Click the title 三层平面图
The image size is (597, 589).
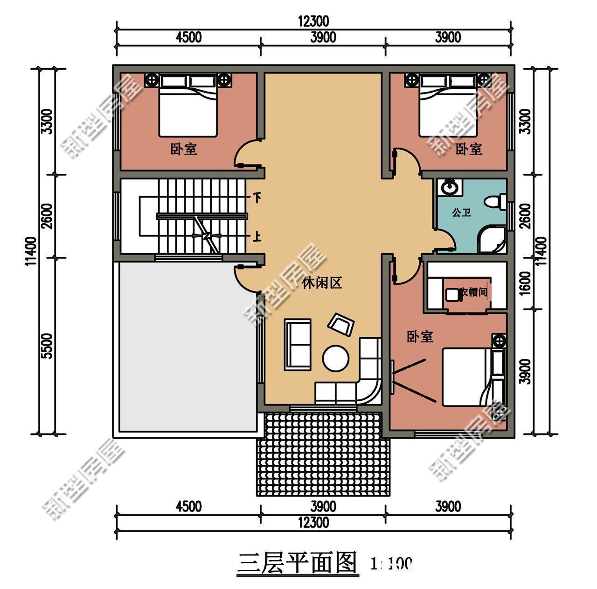tap(297, 562)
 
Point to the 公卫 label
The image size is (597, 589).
tap(461, 213)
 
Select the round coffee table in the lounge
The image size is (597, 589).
tap(335, 358)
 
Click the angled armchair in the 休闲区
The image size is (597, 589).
tap(342, 324)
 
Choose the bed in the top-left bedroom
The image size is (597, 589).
tap(188, 107)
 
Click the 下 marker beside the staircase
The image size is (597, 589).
tap(257, 198)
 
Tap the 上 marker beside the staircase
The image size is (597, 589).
tap(257, 237)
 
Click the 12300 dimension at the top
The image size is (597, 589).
tap(313, 21)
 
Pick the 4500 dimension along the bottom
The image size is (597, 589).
tap(188, 506)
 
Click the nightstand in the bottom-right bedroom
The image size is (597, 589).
tap(499, 341)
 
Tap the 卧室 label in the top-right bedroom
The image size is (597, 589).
tap(469, 149)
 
